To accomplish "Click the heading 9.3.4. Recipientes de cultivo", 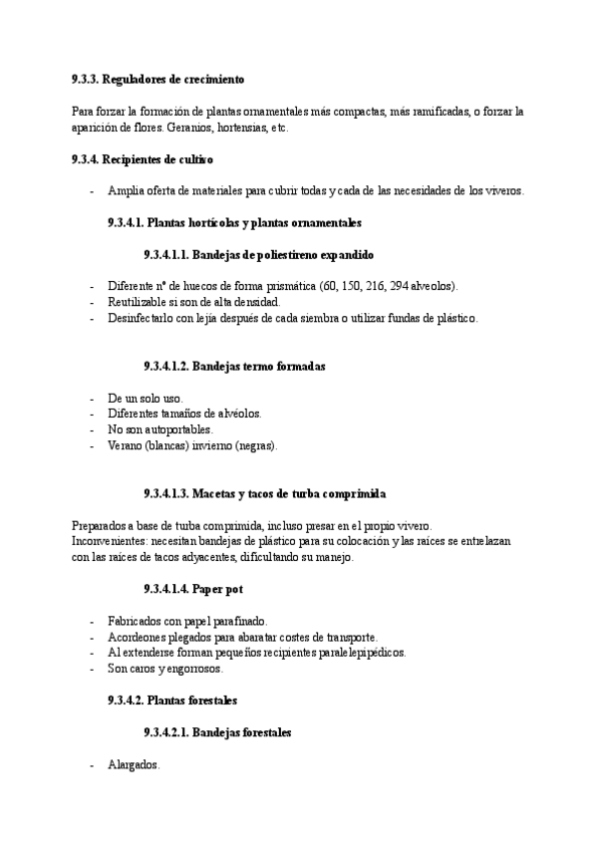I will [143, 159].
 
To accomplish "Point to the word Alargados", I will [133, 764].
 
